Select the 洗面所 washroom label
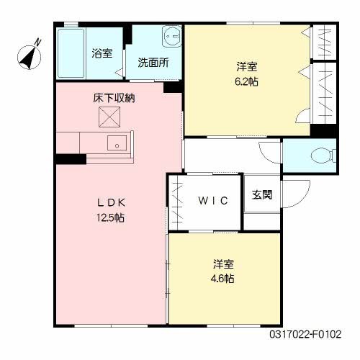coord(153,62)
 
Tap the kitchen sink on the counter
coord(117,143)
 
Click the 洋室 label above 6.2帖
coord(247,67)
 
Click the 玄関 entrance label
coord(262,194)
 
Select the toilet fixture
coord(323,153)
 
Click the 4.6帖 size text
coord(222,278)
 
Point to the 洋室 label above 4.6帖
coord(222,264)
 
